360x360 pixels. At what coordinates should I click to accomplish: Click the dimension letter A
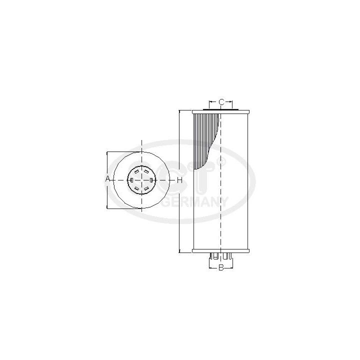(x=107, y=179)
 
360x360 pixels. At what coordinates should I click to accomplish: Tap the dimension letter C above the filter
(x=220, y=102)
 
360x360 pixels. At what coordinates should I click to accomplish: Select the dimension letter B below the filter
(x=220, y=268)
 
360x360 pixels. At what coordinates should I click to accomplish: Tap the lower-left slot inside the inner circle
(x=137, y=188)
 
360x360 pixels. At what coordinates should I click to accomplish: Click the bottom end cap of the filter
(x=220, y=250)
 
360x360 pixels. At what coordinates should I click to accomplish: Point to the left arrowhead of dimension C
(x=210, y=102)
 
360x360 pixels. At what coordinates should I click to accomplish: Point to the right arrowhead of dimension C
(x=231, y=102)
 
